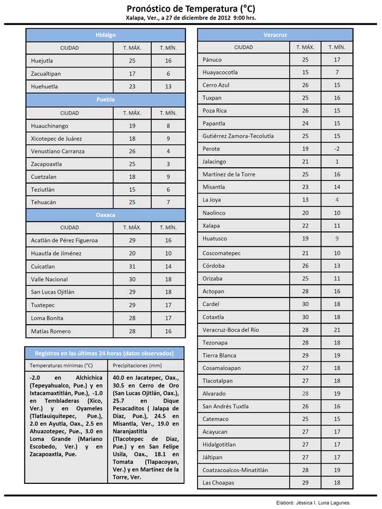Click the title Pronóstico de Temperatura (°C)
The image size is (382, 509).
click(x=190, y=9)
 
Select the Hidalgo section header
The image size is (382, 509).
click(x=105, y=35)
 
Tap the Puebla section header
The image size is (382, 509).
click(x=105, y=100)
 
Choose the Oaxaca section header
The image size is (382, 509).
click(x=105, y=215)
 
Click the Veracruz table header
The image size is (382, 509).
click(x=275, y=35)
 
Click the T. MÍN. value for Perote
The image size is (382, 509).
click(x=337, y=149)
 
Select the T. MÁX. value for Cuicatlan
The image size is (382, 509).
click(x=132, y=266)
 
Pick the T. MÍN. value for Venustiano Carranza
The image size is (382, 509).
click(x=169, y=151)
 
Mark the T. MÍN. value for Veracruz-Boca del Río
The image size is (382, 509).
click(x=337, y=330)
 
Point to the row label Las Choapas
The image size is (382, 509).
click(x=218, y=483)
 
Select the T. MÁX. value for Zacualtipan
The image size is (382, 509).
click(x=132, y=74)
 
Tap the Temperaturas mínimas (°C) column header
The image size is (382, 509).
click(x=61, y=365)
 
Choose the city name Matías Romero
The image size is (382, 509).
click(x=51, y=331)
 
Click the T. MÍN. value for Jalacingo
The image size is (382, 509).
click(x=337, y=162)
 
